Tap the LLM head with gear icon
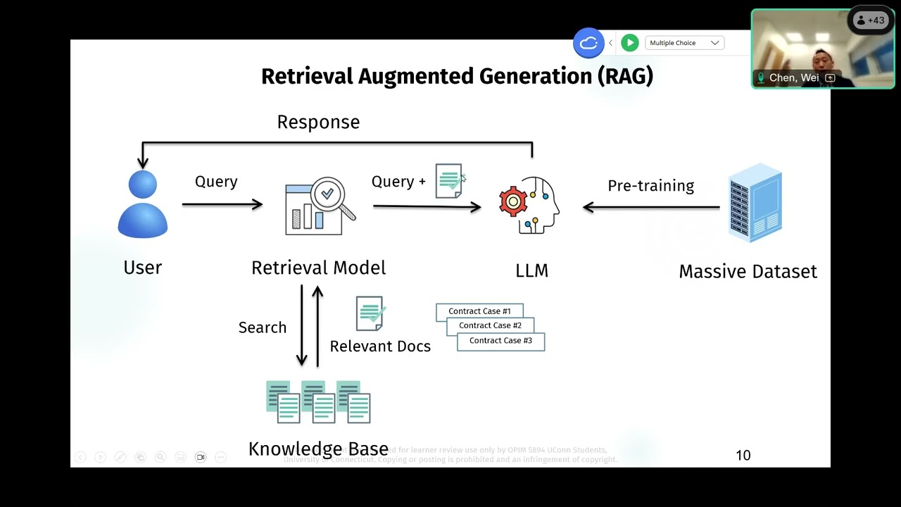coord(529,205)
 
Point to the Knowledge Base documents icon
coord(318,401)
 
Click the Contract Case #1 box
coord(479,311)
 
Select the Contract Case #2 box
coord(490,326)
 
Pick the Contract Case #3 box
coord(500,341)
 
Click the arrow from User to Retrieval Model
coord(222,204)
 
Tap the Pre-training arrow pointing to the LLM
coord(651,207)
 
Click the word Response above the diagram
coord(318,123)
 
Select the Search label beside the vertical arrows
coord(263,327)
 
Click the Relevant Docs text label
coord(380,346)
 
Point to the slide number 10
coord(743,456)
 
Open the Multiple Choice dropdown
coord(684,43)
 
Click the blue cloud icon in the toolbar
coord(588,43)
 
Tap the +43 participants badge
coord(870,20)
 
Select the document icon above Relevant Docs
coord(370,313)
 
